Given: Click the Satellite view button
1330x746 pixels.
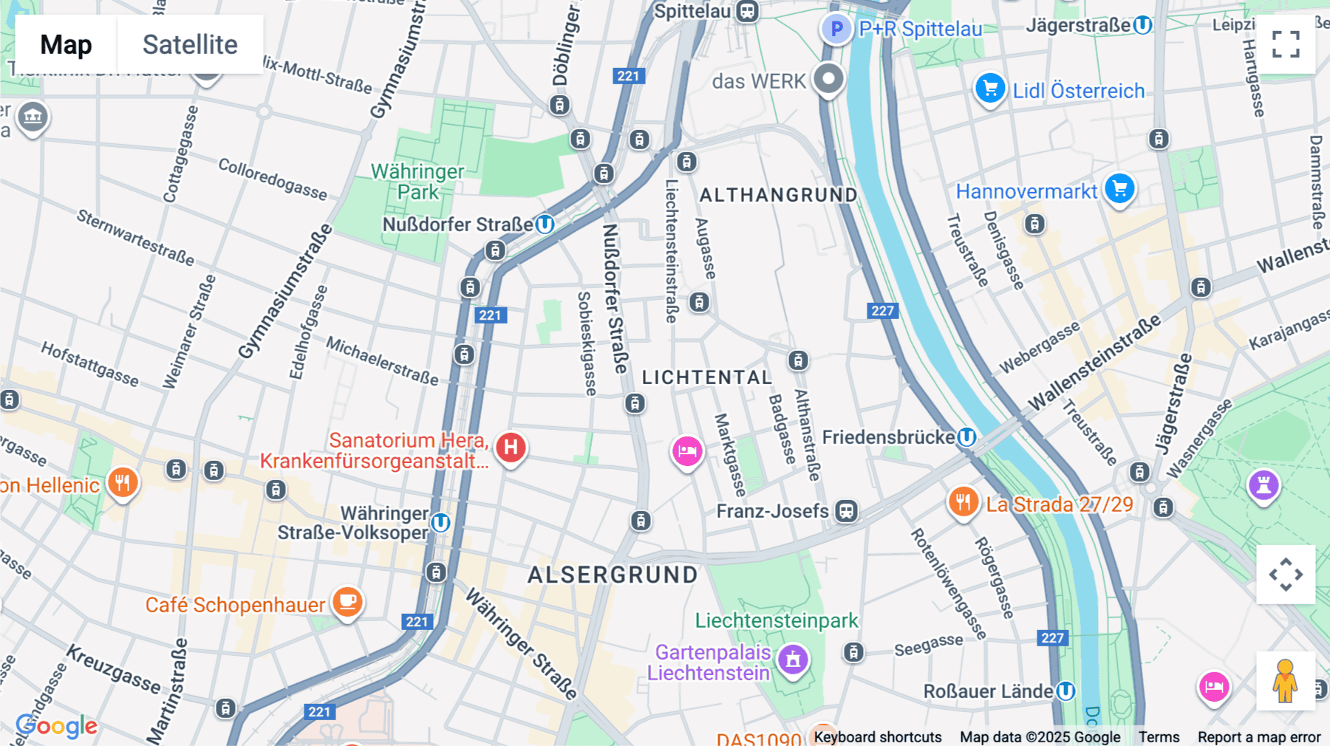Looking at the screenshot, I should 190,44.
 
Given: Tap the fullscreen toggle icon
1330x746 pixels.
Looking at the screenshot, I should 1286,44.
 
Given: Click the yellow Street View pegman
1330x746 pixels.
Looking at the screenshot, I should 1285,680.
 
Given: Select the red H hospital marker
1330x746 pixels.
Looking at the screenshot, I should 511,448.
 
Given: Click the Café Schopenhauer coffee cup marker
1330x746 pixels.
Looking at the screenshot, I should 347,602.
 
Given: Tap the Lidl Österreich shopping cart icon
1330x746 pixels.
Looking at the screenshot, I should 990,89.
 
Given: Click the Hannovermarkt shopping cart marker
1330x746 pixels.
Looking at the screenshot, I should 1119,188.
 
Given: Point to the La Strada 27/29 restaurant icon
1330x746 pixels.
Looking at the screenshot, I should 963,502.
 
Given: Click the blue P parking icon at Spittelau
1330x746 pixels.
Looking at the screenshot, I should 836,30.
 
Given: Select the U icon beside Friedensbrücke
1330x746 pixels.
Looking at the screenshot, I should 966,437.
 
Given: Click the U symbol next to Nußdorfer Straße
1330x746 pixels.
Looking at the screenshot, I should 545,224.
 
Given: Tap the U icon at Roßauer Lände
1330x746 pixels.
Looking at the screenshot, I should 1065,691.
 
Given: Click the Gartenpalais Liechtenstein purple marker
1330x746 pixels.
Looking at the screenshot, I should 793,660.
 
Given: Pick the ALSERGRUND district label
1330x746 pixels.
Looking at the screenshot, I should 613,575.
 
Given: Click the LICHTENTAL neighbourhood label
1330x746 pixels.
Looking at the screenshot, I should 706,377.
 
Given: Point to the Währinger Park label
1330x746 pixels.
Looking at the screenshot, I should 417,182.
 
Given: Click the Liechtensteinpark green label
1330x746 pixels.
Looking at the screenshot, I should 776,620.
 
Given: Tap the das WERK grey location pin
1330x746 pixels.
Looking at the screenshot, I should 828,78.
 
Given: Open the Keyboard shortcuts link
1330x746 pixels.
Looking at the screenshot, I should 877,737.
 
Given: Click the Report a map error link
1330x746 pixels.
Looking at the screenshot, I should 1258,737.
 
